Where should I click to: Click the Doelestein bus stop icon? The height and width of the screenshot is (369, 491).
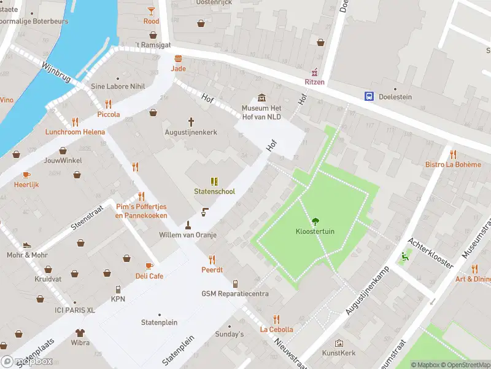[x=369, y=97]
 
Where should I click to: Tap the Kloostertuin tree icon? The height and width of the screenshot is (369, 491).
[x=315, y=221]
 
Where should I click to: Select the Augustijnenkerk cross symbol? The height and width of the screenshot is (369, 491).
[x=191, y=122]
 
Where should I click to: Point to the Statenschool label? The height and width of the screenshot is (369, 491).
[x=214, y=191]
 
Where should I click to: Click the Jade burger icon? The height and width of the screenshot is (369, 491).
[x=178, y=58]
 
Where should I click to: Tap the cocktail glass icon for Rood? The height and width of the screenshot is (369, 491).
[x=151, y=10]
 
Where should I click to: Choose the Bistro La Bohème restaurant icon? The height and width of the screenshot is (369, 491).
[x=453, y=154]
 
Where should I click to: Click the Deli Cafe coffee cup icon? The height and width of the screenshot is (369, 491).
[x=149, y=266]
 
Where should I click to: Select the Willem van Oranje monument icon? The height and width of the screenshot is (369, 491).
[x=188, y=224]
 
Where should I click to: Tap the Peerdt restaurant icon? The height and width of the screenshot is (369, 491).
[x=212, y=259]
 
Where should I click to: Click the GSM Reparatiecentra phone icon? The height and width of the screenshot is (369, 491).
[x=235, y=284]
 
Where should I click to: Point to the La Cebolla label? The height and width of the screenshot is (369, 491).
[x=276, y=329]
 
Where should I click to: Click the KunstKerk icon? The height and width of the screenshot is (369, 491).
[x=339, y=343]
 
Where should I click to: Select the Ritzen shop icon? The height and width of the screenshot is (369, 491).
[x=315, y=72]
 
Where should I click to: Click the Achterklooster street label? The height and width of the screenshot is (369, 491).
[x=433, y=253]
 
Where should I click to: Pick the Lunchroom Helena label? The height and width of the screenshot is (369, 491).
[x=74, y=132]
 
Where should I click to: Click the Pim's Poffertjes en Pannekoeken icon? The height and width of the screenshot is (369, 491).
[x=141, y=196]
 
